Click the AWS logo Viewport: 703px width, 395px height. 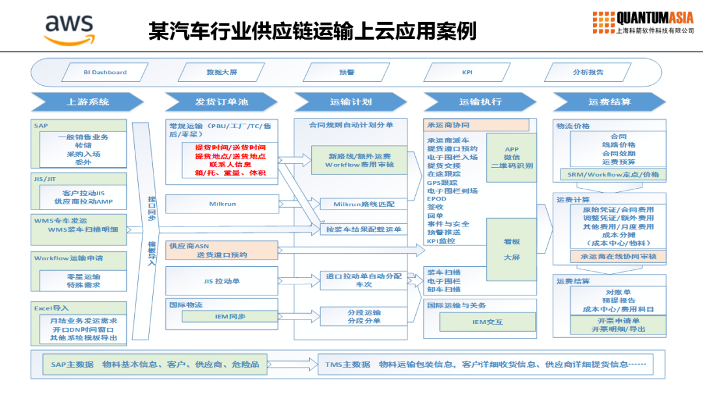point(69,29)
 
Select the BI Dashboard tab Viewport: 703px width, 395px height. point(105,72)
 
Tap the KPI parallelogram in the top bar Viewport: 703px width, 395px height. point(467,72)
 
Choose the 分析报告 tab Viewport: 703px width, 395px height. point(588,72)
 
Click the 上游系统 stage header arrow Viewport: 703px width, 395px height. point(87,102)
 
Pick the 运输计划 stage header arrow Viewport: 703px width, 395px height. point(351,102)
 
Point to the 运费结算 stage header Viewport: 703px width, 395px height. point(610,102)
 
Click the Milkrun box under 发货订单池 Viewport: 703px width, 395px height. point(222,204)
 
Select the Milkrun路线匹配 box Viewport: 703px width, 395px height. point(364,204)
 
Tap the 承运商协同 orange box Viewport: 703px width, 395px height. point(476,125)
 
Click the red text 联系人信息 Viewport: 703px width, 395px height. point(230,165)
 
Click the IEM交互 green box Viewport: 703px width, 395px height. point(488,321)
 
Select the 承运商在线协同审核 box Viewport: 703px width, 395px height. point(618,256)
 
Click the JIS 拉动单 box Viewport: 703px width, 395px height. point(222,281)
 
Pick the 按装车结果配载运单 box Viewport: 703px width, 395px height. point(364,229)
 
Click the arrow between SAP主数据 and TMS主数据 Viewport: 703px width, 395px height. point(293,364)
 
